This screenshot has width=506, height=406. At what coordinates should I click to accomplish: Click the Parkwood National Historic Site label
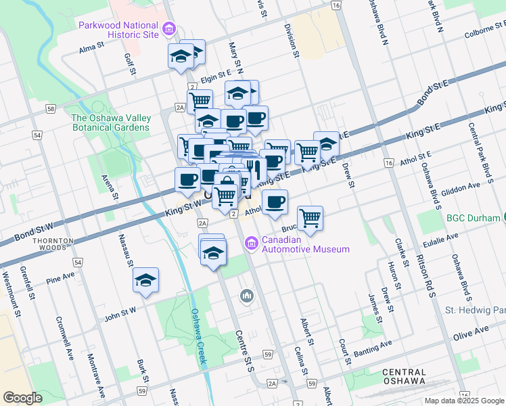118,30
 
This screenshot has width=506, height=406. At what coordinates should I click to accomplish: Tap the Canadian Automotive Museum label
306,244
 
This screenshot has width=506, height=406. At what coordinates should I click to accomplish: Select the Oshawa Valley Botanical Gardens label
111,122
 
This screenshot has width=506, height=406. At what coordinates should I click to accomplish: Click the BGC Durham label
473,218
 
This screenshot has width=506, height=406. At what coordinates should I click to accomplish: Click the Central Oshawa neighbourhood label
404,378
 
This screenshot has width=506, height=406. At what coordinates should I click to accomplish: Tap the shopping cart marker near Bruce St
310,219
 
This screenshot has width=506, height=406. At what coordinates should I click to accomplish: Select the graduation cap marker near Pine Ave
145,281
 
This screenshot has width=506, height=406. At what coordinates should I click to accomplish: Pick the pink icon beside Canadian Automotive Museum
252,242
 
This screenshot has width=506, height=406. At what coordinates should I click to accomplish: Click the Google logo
22,398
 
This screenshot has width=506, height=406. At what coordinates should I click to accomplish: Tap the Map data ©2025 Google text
465,401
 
